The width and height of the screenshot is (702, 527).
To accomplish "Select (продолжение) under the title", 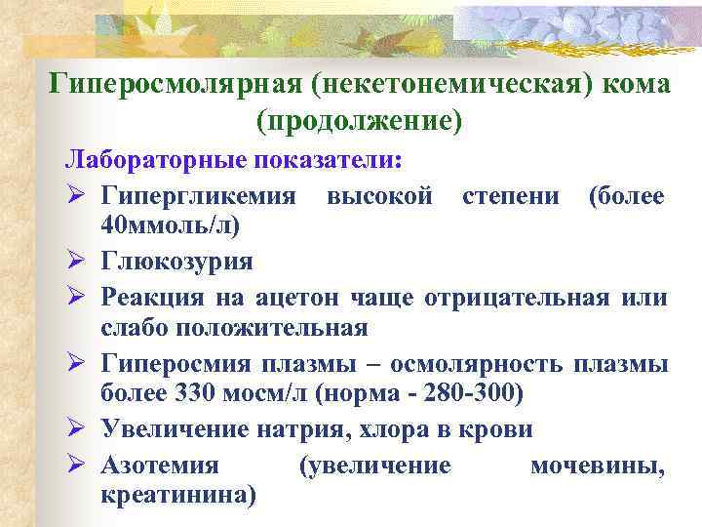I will point(359,120).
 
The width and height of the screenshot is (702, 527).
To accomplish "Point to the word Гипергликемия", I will point(199,197).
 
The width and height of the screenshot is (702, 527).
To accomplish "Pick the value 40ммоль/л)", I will point(171,225).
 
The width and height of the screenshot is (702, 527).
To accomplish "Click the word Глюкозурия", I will point(176,262).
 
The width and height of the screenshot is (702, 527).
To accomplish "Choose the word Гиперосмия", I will point(175,365).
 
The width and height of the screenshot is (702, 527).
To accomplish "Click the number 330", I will point(191,393).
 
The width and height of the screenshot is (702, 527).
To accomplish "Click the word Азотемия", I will point(160,466).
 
